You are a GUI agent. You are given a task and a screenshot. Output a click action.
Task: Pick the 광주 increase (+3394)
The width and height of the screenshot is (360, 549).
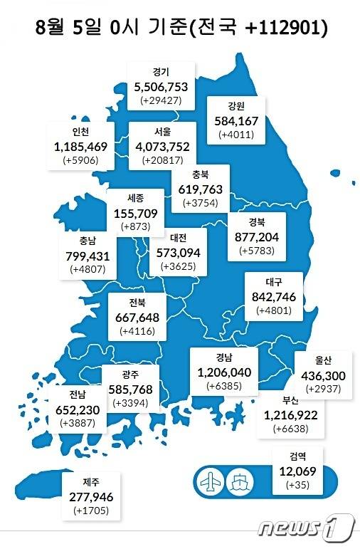pos(129,403)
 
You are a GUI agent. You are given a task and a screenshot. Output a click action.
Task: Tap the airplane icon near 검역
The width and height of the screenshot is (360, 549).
pos(211,480)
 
